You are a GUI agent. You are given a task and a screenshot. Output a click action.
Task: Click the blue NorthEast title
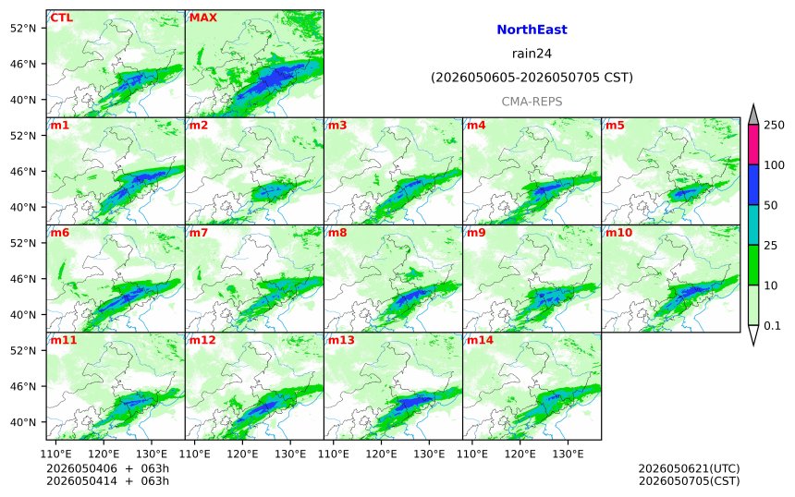coord(532,30)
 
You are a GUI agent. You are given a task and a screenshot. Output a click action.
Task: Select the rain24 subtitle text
coord(532,54)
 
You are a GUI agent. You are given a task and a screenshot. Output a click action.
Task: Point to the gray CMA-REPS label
coord(532,102)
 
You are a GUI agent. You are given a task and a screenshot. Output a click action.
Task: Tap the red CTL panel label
coord(61,18)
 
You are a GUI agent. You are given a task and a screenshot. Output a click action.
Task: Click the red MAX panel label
coord(202,18)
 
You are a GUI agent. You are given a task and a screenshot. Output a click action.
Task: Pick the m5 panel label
coord(615,125)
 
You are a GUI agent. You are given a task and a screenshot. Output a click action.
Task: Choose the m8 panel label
coord(337,233)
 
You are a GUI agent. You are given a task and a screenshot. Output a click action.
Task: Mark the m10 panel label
coord(618,233)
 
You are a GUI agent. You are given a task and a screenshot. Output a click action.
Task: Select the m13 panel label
coord(341,340)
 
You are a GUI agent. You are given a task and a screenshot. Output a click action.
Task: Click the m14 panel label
coord(480,340)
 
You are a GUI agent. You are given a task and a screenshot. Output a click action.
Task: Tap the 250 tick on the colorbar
coord(775,125)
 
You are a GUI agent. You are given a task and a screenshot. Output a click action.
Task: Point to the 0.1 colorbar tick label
coord(772,326)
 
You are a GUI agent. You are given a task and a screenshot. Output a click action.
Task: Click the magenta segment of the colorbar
coord(753,144)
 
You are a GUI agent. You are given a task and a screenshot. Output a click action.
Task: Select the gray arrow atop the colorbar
coord(753,115)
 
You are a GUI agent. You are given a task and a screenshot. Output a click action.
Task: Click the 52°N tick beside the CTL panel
coord(23,28)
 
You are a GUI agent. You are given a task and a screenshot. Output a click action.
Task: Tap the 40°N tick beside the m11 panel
coord(23,422)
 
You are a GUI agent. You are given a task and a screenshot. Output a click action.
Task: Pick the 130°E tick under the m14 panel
coord(568,454)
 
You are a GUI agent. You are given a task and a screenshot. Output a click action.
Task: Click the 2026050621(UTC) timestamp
coord(689,468)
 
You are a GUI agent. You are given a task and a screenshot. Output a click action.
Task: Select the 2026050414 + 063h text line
coord(107,480)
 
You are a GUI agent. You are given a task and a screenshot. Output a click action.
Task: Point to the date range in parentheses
coord(532,78)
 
